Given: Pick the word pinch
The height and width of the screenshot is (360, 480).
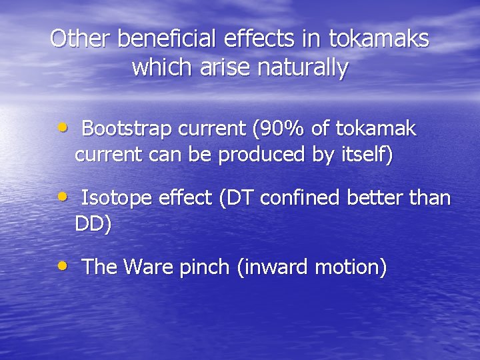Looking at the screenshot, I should click(205, 267).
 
